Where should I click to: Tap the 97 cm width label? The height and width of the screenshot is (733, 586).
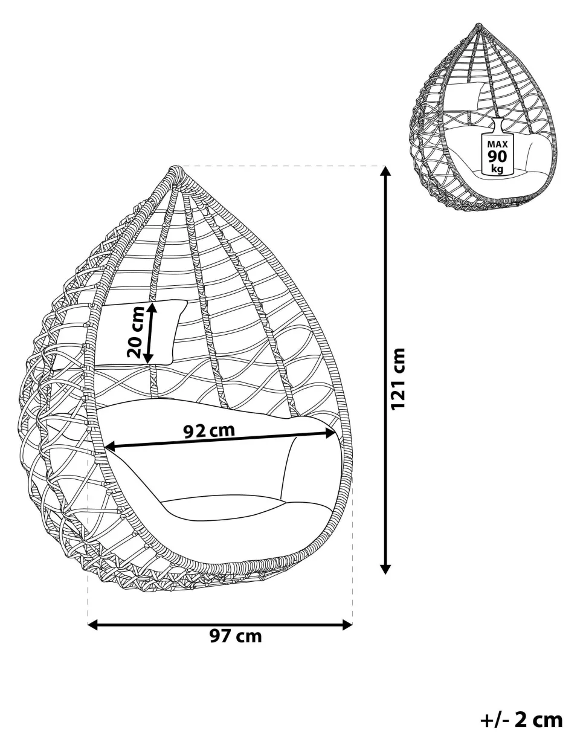pos(236,636)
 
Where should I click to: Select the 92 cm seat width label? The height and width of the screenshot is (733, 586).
pos(208,430)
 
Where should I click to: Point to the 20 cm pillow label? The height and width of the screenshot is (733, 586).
pos(137,332)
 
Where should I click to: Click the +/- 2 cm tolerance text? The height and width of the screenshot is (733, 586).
pos(521,720)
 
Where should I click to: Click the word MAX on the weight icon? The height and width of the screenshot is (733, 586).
pos(497,144)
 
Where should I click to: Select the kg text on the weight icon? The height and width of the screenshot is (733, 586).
pos(497,169)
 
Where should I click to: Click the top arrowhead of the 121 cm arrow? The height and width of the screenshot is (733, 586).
pos(385,170)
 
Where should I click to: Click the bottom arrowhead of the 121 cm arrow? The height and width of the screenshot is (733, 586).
pos(385,569)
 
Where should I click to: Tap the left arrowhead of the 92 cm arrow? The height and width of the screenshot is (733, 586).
pos(109,447)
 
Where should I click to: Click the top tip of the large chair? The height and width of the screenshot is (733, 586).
pos(175,169)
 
